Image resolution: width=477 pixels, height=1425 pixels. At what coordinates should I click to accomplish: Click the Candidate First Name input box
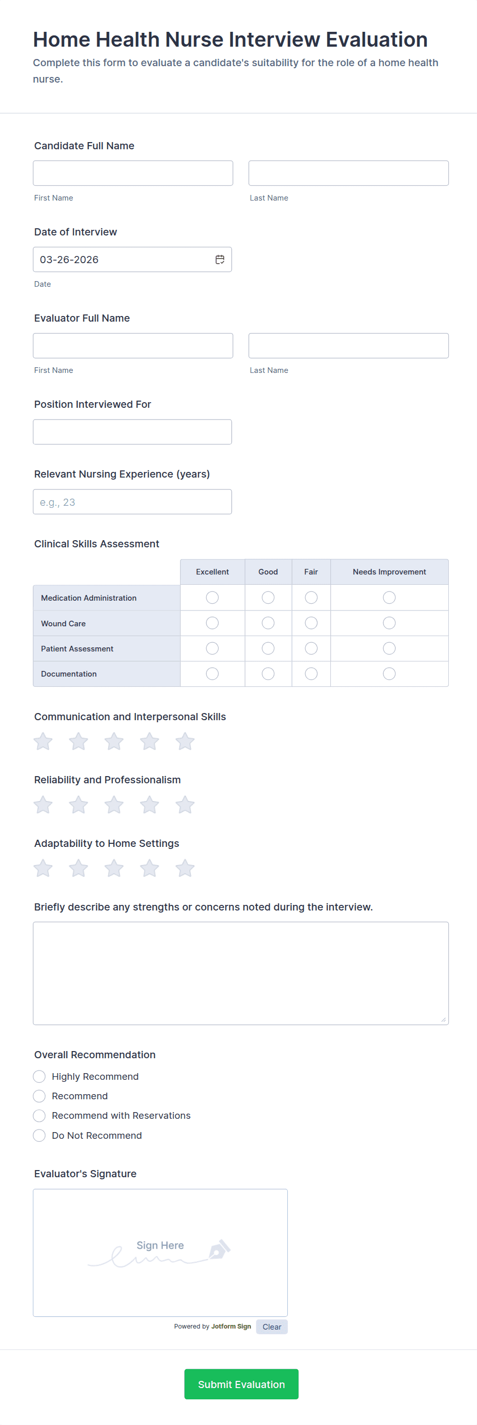pos(133,173)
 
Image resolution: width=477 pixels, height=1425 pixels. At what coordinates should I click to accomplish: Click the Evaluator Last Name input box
pos(348,346)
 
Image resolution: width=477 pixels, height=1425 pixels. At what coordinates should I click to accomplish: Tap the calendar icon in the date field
pos(220,260)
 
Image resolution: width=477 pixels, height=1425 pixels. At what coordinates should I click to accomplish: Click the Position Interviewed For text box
pos(132,432)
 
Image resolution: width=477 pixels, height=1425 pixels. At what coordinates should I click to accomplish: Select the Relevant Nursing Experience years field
pos(132,502)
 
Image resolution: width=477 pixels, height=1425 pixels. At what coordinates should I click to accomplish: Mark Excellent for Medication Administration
pos(212,598)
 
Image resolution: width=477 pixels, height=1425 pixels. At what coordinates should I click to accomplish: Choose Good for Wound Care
pos(268,623)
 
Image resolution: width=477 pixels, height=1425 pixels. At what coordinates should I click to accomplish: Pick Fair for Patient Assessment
pos(311,648)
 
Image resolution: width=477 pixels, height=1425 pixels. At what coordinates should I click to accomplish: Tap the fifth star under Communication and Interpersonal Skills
pos(185,741)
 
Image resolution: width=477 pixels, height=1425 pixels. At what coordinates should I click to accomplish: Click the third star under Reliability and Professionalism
pos(114,805)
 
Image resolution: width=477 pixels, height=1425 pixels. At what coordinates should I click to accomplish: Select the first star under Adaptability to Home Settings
pos(43,868)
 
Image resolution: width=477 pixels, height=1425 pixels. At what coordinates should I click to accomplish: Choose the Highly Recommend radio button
pos(39,1077)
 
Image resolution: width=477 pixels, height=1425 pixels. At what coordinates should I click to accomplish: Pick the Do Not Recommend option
pos(39,1136)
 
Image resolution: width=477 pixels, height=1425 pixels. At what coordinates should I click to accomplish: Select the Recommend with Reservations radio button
pos(39,1116)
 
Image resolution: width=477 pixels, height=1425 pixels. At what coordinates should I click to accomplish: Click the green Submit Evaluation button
pos(241,1384)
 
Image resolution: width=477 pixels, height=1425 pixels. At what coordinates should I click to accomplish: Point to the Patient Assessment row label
pos(77,649)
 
